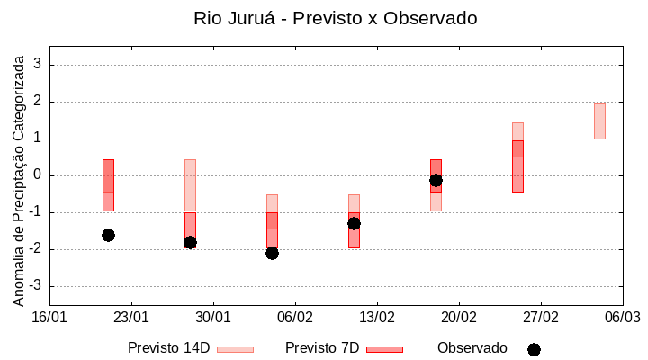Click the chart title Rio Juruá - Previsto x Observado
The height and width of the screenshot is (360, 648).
336,18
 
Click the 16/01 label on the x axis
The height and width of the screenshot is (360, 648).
49,317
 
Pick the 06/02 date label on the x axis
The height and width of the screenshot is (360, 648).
294,317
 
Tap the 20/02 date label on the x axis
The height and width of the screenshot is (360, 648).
458,317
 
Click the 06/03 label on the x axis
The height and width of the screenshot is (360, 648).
622,317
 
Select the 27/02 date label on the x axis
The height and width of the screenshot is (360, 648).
540,317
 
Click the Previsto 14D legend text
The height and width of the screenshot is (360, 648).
168,348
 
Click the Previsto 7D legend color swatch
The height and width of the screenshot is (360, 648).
384,349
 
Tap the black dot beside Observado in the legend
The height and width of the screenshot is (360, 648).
534,349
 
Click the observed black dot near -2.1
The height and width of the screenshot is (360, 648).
272,253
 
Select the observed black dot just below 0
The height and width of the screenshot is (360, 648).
436,180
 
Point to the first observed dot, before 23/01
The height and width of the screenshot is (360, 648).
108,235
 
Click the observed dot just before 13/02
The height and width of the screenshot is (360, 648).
354,223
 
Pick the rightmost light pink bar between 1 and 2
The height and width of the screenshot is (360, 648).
599,121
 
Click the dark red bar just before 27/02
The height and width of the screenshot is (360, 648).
517,166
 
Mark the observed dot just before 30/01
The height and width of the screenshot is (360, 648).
190,242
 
